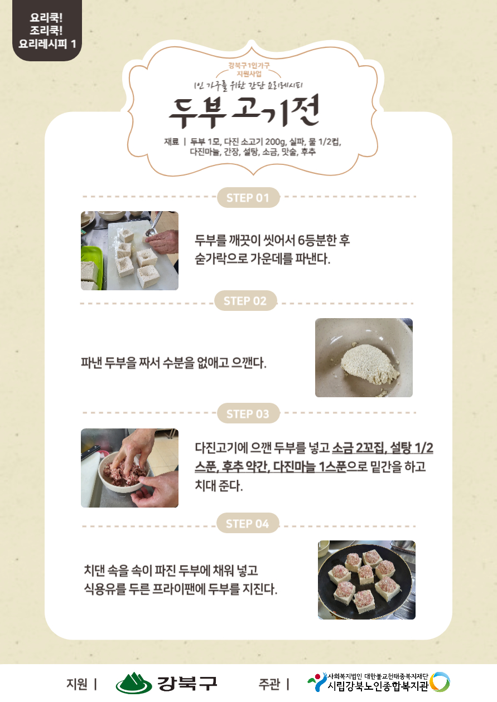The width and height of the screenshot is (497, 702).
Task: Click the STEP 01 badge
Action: pos(248,197)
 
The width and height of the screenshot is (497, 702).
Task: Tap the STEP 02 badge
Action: pos(245,300)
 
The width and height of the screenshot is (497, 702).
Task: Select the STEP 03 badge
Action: pos(248,413)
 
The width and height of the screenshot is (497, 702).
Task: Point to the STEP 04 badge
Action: pos(248,523)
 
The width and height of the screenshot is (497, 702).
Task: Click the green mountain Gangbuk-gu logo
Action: pos(134,683)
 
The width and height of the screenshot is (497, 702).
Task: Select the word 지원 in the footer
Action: pos(77,684)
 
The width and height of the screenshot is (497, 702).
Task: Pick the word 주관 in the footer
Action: pos(269,684)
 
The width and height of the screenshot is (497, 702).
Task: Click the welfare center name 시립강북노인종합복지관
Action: pos(378,686)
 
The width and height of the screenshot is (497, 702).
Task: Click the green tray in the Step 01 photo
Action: pos(92,267)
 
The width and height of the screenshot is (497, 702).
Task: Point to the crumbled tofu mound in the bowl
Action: pos(370,364)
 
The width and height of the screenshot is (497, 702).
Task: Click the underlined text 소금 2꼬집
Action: pos(358,447)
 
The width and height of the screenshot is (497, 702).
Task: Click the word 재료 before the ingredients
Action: pos(171,142)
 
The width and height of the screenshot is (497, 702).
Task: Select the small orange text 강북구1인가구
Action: pos(249,66)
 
